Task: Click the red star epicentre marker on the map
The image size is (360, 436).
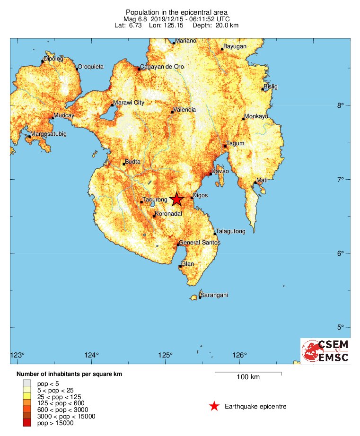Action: coord(176,199)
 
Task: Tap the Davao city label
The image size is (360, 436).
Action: coord(220,171)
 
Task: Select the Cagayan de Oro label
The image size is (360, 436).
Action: coord(162,67)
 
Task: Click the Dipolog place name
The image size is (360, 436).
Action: coord(53,59)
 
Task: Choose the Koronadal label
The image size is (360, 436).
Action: coord(169,214)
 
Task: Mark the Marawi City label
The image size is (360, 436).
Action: coord(129,103)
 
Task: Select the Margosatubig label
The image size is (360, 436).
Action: coord(49,134)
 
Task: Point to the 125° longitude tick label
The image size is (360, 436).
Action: coord(166,356)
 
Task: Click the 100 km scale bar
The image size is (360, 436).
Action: coord(248,373)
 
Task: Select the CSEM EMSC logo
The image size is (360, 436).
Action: coord(325,351)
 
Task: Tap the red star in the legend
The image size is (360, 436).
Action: coord(214,406)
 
